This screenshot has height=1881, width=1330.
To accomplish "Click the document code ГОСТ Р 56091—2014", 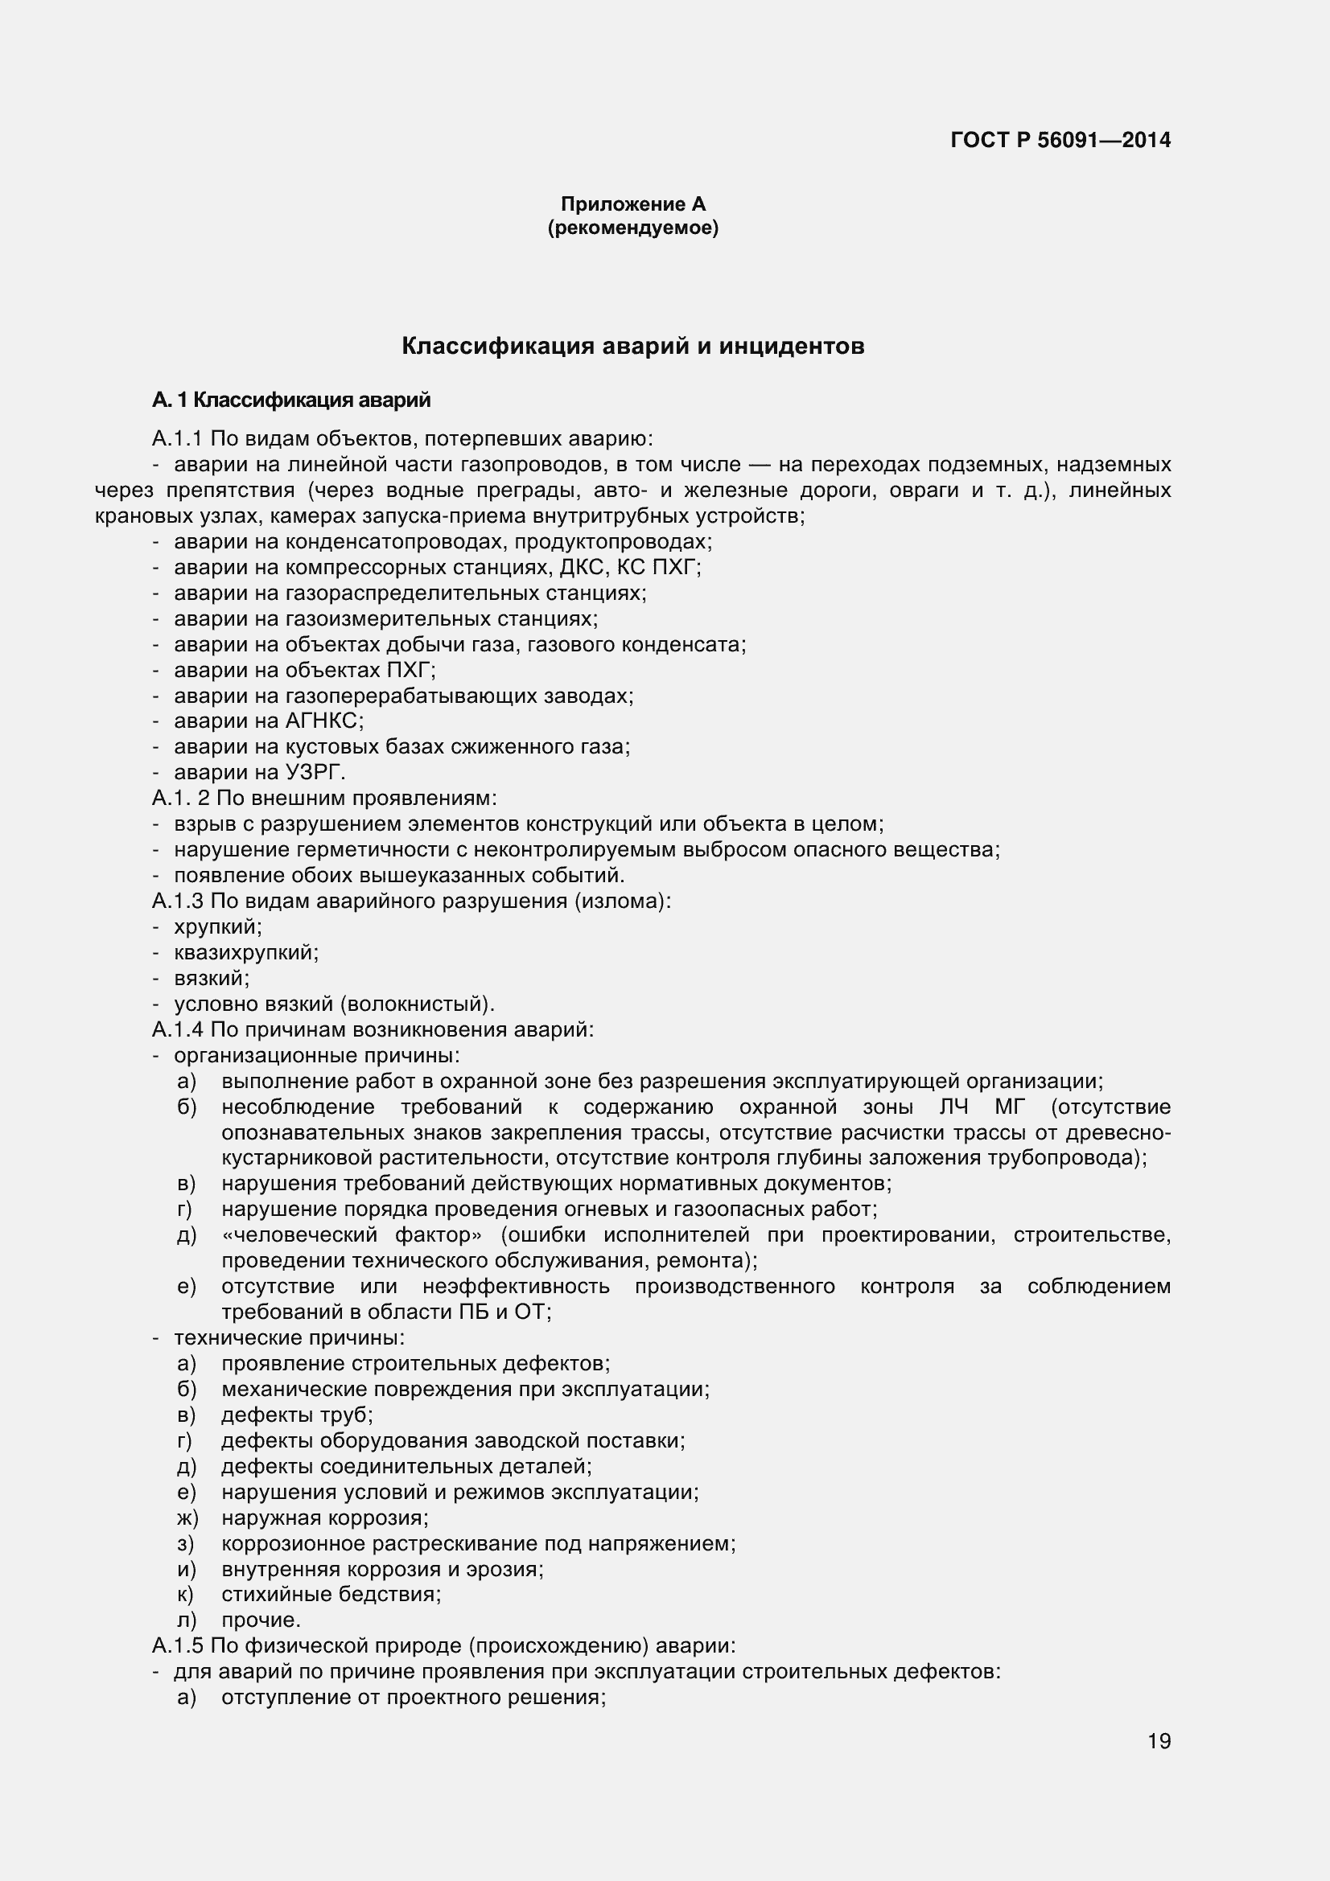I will point(1060,140).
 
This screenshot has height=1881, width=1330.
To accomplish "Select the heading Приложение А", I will point(632,204).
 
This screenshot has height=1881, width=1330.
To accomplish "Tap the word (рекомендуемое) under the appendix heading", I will point(632,228).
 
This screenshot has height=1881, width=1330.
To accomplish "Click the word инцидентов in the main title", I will point(792,347).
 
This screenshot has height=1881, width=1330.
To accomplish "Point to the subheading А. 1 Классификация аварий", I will point(291,400).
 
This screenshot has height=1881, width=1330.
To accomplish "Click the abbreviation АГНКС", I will point(322,721).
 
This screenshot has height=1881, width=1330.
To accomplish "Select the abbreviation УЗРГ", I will point(315,773).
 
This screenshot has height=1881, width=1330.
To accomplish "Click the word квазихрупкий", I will point(245,953).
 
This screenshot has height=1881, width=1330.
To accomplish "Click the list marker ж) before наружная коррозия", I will point(187,1518).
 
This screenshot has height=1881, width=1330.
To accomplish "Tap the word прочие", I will point(261,1620).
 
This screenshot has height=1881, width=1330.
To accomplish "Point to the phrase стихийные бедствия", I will point(330,1594).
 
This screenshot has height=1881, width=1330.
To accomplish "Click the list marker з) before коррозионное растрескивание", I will point(185,1543).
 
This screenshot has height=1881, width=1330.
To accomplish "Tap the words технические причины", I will point(289,1338).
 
